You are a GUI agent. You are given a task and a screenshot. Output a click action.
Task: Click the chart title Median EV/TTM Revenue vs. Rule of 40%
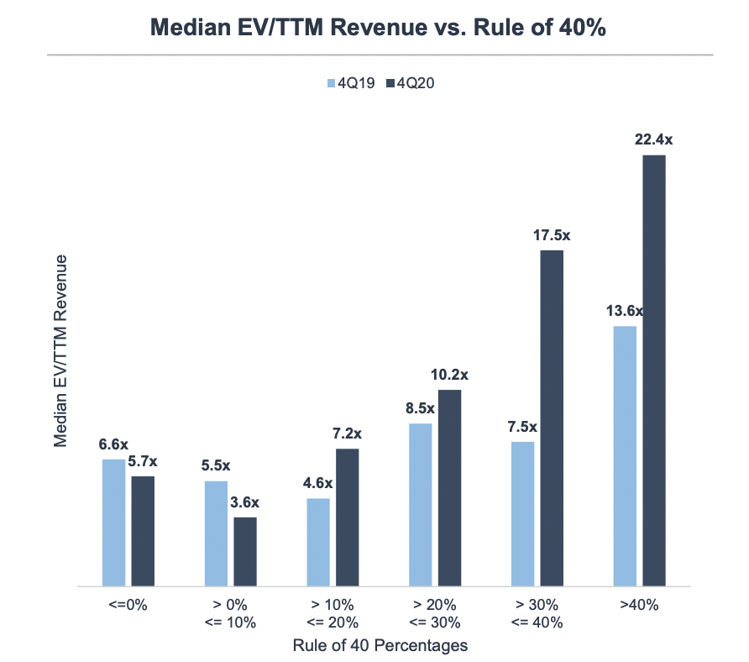[378, 27]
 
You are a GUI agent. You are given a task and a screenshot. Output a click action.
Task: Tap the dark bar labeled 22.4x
[654, 370]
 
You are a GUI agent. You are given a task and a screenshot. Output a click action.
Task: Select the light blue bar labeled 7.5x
[522, 513]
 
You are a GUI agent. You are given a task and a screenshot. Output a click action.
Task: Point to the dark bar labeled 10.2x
[449, 487]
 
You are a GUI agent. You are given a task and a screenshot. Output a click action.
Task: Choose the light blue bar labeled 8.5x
[420, 504]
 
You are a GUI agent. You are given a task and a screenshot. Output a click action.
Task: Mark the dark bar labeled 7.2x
[347, 517]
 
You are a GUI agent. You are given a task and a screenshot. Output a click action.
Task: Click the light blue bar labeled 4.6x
[318, 542]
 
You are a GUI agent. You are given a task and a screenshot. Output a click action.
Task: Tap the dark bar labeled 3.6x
[245, 551]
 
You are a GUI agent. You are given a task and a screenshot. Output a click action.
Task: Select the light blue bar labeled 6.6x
[113, 522]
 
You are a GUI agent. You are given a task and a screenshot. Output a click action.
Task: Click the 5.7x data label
[144, 461]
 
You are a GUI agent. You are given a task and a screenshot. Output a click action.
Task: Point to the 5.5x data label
[216, 465]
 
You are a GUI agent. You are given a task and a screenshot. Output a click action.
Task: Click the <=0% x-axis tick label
[128, 605]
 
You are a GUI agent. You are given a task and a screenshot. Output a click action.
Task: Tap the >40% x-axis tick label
[640, 605]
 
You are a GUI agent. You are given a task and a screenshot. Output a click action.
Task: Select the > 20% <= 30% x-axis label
[435, 613]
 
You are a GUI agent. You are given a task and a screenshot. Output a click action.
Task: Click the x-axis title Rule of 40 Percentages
[380, 645]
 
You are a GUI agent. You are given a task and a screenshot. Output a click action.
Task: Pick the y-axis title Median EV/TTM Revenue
[60, 350]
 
